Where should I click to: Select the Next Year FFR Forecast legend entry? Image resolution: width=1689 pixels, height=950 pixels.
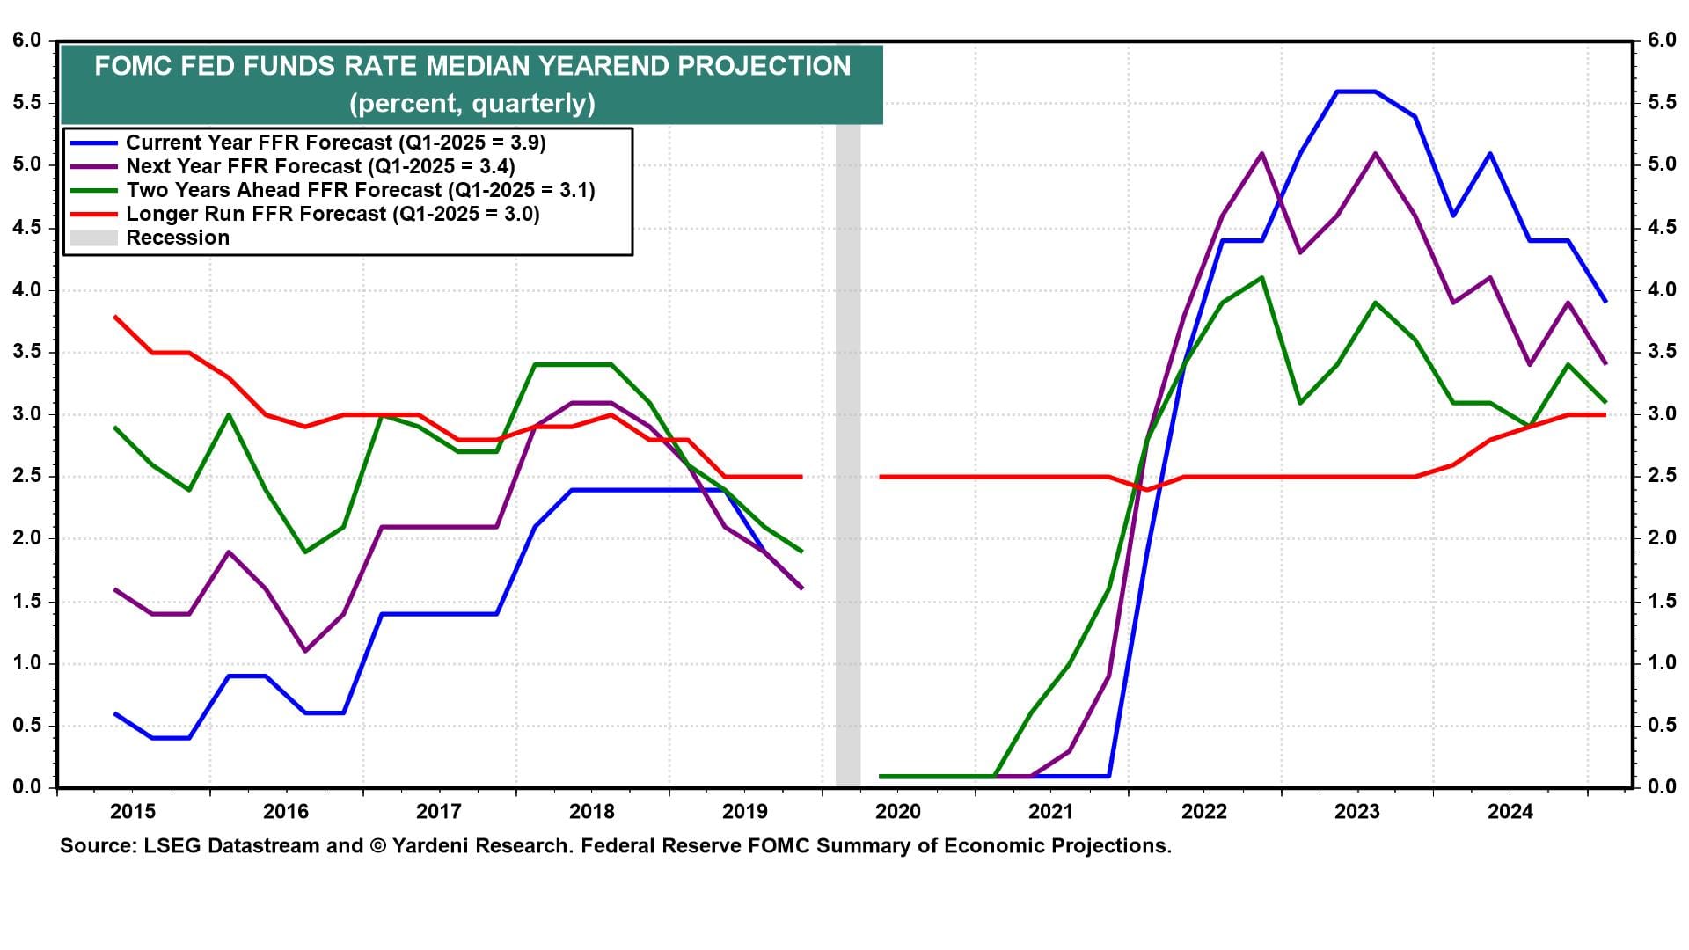320,166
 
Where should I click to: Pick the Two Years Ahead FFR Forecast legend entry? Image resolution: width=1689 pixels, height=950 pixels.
360,190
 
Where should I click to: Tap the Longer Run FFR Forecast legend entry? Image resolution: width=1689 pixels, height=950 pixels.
333,214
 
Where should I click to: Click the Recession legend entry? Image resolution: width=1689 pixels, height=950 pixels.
177,237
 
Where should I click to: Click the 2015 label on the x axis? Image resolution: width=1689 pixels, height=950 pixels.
133,811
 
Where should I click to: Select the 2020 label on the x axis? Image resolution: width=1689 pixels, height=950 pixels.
898,811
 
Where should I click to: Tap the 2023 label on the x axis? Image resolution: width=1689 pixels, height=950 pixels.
1356,811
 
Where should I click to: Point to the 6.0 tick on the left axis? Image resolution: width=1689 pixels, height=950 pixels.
27,40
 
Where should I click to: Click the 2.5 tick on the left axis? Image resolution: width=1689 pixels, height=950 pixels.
27,477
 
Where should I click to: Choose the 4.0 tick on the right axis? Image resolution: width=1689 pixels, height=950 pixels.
1662,290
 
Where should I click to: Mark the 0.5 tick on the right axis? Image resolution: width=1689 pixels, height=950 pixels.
1662,726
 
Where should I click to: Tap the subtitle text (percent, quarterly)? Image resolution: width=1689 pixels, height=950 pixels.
472,104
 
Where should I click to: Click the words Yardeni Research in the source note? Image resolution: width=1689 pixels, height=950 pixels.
481,846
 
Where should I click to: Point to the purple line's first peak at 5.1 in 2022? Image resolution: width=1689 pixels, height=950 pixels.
1262,154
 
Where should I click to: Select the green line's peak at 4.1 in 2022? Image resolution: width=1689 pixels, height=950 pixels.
1262,278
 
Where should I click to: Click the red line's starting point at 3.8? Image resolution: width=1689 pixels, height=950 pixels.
115,317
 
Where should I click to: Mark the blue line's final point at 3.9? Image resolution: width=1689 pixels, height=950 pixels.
1605,302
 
